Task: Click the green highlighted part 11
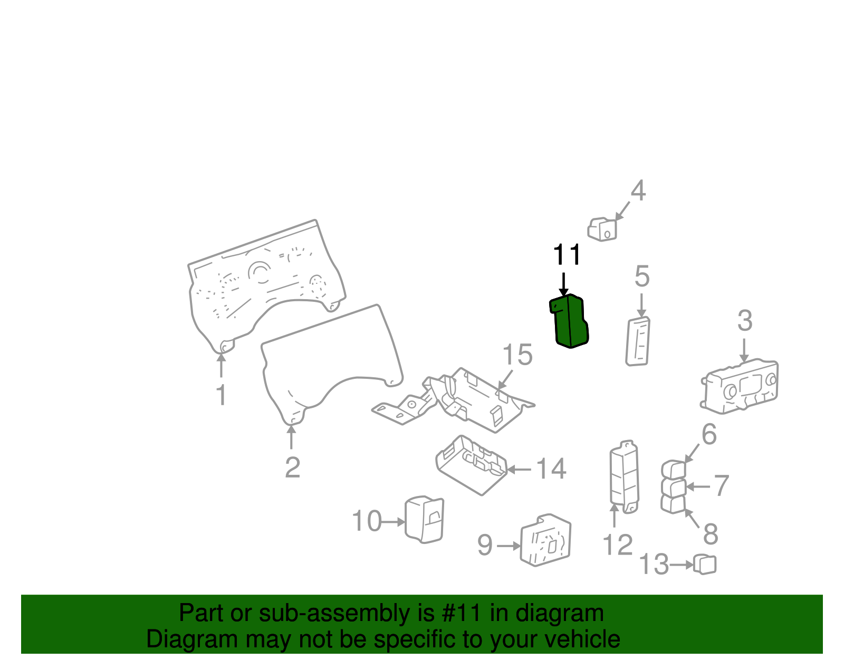569,321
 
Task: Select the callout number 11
567,255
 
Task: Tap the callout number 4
638,190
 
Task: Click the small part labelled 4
602,229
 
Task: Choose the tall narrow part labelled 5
638,341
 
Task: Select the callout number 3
745,321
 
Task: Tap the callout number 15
517,355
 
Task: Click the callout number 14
551,469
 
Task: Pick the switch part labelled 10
424,519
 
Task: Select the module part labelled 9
545,540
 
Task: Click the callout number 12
618,545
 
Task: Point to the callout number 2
292,467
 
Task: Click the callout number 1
222,395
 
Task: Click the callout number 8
711,534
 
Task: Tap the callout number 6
709,434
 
